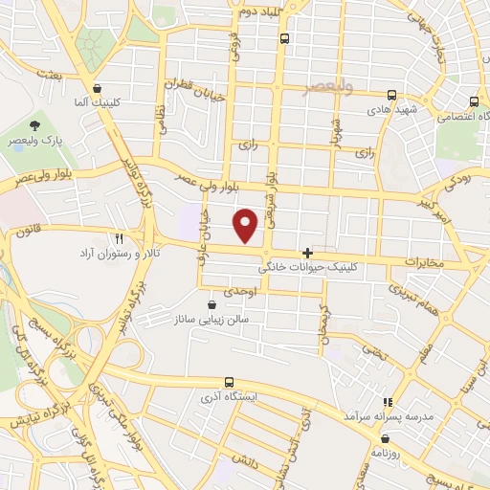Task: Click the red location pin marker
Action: pos(247,226)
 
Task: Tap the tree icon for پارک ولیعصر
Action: pos(34,125)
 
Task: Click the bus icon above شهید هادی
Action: pos(391,95)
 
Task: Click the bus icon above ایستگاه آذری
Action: pos(228,381)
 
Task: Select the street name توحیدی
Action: pos(236,289)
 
